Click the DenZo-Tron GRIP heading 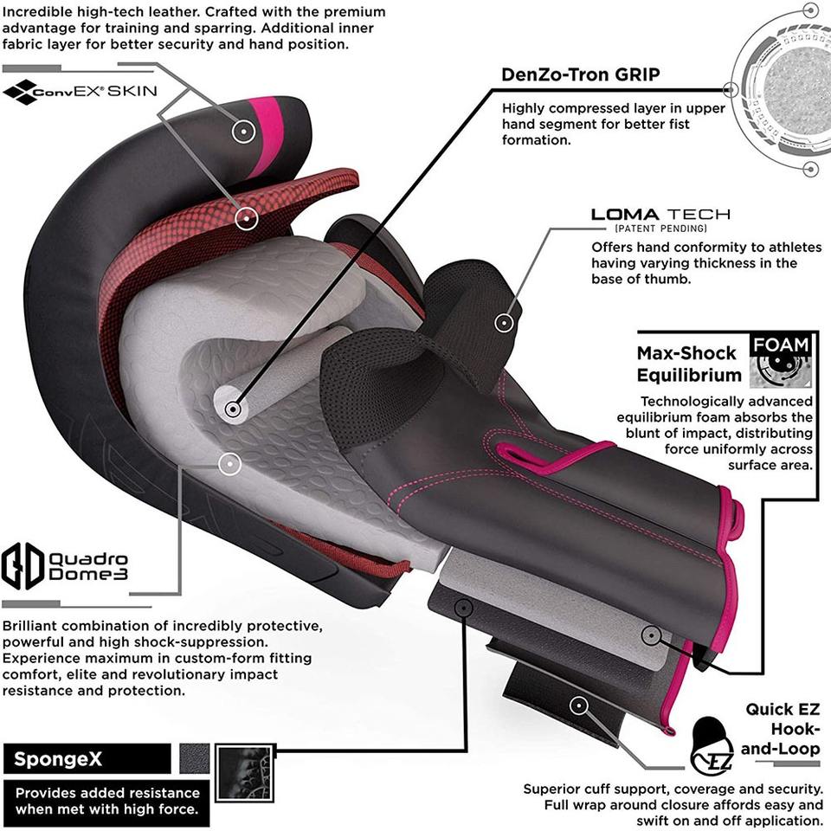581,74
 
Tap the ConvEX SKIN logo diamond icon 20,91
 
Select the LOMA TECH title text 660,214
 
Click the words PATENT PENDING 660,229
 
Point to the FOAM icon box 781,360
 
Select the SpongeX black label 87,759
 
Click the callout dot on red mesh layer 248,218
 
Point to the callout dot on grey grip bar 231,408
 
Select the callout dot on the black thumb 503,323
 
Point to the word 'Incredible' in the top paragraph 37,12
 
